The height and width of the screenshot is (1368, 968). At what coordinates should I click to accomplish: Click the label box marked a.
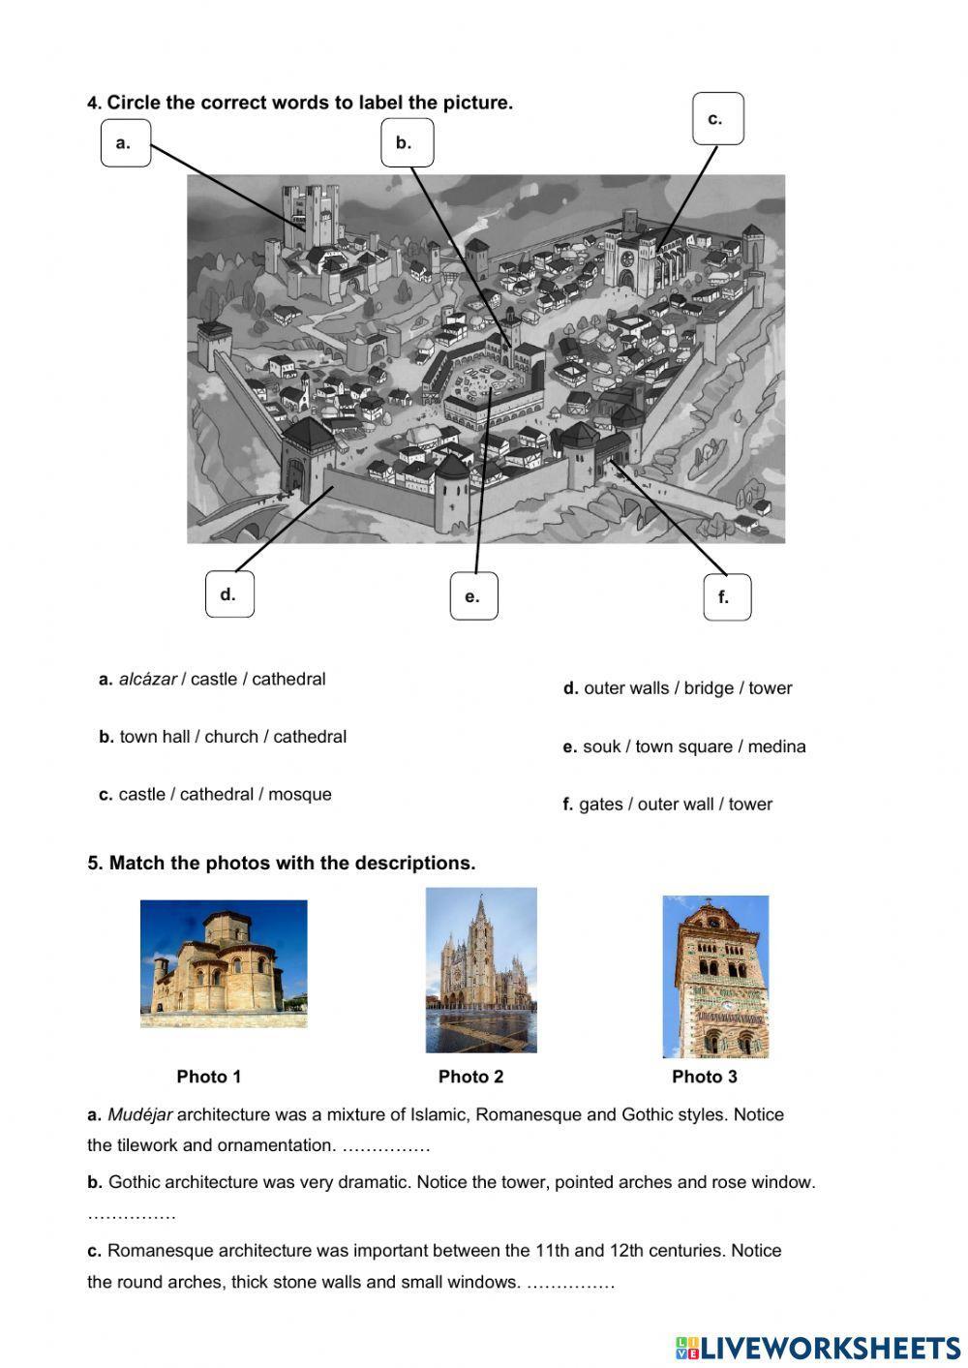click(126, 143)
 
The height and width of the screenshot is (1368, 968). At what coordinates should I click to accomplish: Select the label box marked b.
click(407, 143)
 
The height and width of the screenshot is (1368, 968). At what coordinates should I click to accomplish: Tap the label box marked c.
click(718, 119)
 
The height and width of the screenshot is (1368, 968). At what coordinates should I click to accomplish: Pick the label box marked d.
click(229, 594)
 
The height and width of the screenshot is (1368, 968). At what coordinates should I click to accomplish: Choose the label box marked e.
click(473, 596)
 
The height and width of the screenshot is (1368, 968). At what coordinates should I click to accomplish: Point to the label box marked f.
click(726, 596)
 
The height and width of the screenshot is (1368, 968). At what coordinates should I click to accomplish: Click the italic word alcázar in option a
click(147, 680)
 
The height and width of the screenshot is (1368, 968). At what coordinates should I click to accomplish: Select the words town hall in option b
click(155, 737)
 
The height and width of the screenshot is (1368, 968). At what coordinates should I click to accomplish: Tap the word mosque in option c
click(299, 795)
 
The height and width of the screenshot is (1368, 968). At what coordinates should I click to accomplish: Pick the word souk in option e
click(599, 746)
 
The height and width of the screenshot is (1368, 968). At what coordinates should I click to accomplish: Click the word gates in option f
click(600, 805)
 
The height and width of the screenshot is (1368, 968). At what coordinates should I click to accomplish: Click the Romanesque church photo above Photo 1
click(224, 963)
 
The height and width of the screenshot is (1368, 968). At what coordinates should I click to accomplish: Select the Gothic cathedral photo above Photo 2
click(481, 970)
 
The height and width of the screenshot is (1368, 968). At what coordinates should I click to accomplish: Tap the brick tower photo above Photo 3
click(715, 976)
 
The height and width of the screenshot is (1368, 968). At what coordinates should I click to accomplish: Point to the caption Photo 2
click(470, 1077)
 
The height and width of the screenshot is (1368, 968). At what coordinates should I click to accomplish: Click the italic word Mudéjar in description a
click(139, 1115)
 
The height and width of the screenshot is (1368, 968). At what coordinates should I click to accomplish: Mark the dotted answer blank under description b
click(132, 1214)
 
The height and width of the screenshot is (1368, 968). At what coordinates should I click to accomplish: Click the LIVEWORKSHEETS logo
click(818, 1348)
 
